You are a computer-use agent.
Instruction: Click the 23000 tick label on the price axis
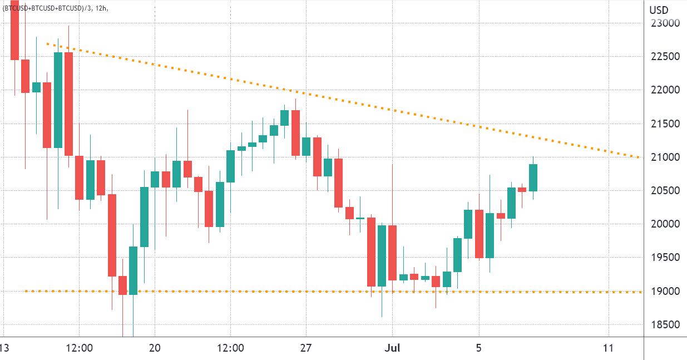pos(665,23)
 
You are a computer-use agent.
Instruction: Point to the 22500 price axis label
pos(665,57)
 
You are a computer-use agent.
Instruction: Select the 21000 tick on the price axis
pos(665,157)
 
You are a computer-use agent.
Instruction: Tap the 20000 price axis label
pos(665,224)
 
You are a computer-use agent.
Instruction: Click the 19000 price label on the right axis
pos(665,291)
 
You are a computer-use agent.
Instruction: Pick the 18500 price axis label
pos(665,325)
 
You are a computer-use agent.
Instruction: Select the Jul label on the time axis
pos(393,348)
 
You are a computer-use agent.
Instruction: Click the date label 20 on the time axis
pos(155,348)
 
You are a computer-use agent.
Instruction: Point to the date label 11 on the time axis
pos(608,348)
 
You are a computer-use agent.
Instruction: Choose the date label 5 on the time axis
pos(479,348)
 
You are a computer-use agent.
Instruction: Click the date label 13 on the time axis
pos(4,348)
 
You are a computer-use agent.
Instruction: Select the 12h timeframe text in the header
pos(100,8)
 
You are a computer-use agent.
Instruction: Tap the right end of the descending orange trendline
pos(642,157)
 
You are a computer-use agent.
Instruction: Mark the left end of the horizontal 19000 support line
pos(26,290)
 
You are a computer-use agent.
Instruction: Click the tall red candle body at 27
pos(295,132)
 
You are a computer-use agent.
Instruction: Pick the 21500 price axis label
pos(665,124)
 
